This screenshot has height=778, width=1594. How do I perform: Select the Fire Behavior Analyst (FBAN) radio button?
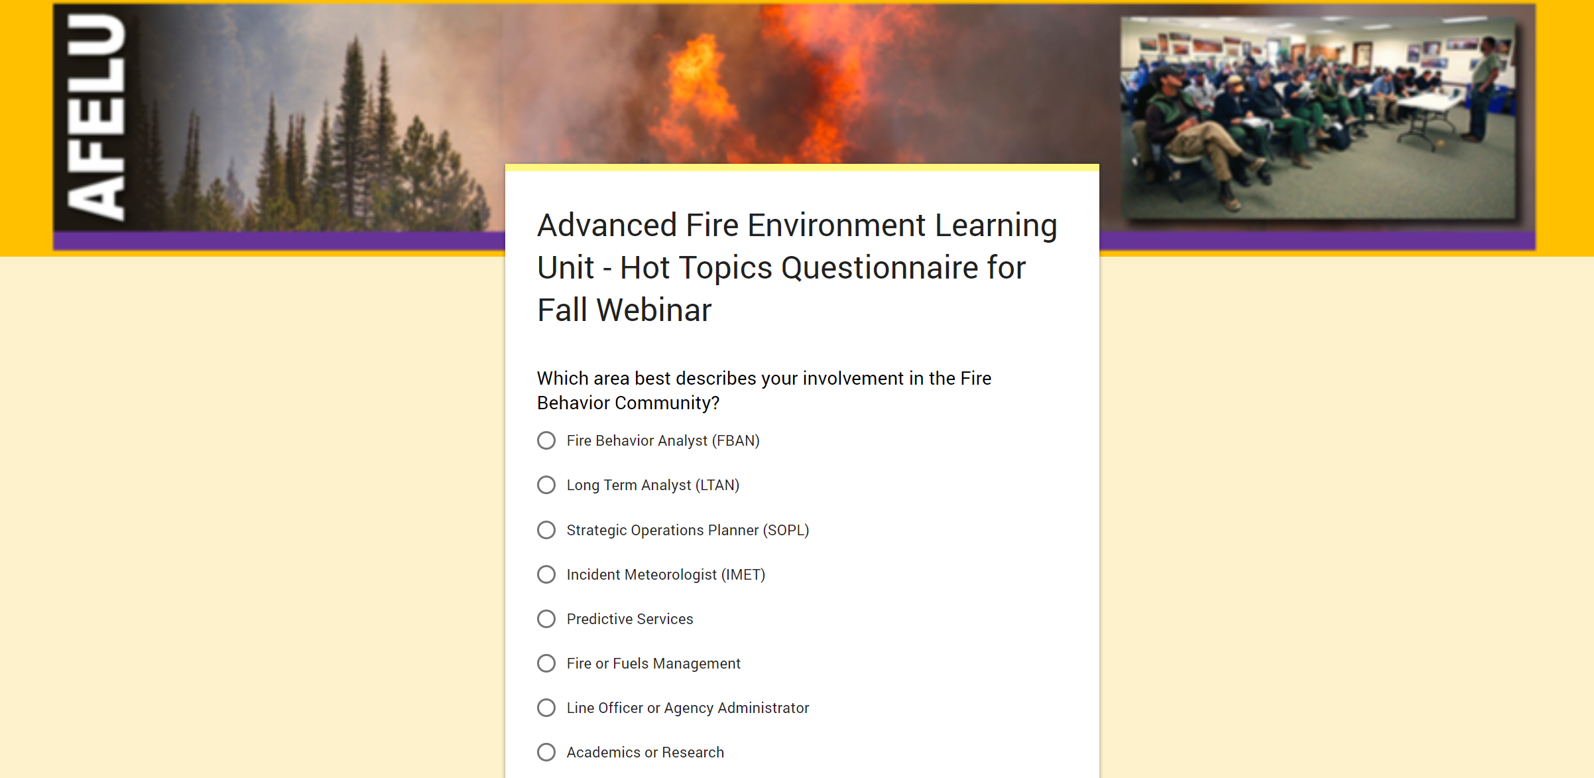coord(546,440)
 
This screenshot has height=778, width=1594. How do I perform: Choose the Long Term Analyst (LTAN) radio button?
coord(546,485)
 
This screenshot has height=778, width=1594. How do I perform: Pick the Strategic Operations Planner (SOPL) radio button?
coord(546,530)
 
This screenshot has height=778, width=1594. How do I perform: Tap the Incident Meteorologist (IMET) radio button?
coord(546,574)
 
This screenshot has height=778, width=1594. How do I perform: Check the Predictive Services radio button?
coord(546,619)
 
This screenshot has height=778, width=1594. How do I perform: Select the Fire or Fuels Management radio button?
coord(546,663)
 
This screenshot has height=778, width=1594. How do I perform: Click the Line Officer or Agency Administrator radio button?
coord(546,708)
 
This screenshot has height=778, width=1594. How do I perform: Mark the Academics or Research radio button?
coord(546,752)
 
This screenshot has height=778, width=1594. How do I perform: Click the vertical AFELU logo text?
coord(97,117)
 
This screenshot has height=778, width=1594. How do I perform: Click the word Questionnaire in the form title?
coord(879,268)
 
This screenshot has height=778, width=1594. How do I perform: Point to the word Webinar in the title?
coord(654,310)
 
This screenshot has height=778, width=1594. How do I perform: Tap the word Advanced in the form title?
coord(607,226)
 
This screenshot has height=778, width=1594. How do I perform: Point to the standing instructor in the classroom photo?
coord(1483,89)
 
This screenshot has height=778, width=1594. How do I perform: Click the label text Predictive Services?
coord(630,619)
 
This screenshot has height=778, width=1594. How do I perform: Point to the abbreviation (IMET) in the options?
coord(743,574)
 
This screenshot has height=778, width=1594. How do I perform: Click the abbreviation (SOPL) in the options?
coord(786,530)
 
